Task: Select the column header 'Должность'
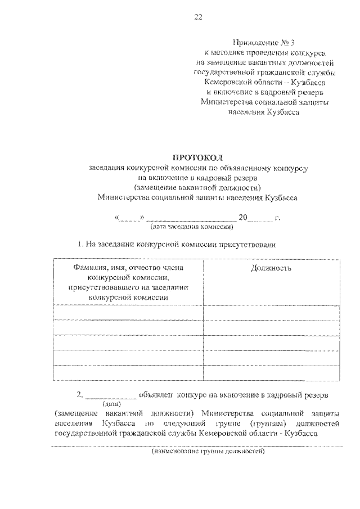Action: coord(271,268)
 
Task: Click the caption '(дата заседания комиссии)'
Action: coord(191,227)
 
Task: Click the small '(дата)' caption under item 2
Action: coord(110,404)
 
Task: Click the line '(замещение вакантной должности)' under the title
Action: coord(197,187)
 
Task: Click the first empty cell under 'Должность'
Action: coord(271,313)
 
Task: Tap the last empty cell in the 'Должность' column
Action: coord(271,373)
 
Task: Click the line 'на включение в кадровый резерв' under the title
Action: coord(197,177)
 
